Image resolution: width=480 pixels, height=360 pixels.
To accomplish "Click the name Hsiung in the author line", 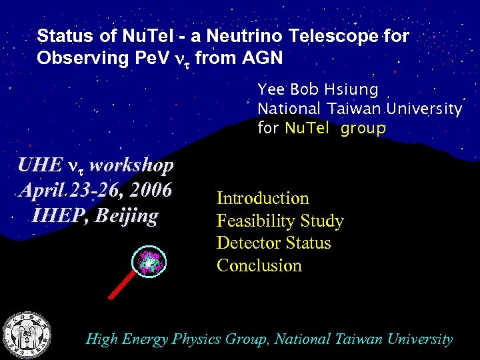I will (354, 89).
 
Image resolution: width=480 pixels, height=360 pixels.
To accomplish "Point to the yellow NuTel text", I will (307, 128).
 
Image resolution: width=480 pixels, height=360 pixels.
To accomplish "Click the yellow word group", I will (363, 129).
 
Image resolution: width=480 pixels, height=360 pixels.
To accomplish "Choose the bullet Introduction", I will (263, 198).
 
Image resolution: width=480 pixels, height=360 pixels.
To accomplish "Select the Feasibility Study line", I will (280, 221).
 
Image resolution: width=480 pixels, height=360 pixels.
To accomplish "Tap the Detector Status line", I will (273, 243).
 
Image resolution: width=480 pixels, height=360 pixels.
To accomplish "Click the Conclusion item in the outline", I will (259, 265).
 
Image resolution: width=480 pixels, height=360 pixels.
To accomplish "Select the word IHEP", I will (57, 215).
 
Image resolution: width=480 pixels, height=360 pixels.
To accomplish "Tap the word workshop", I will (131, 165).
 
